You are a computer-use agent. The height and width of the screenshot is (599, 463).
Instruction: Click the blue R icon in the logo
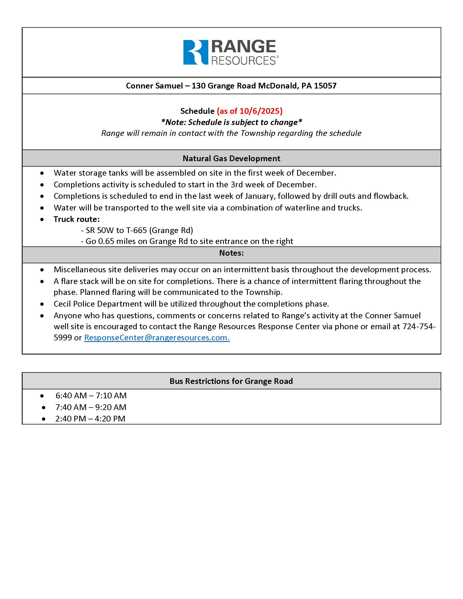pyautogui.click(x=195, y=52)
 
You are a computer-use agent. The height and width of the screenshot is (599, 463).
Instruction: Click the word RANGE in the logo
pyautogui.click(x=243, y=47)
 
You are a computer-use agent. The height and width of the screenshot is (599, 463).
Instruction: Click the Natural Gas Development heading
pyautogui.click(x=231, y=158)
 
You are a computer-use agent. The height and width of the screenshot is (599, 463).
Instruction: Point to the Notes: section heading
pyautogui.click(x=231, y=253)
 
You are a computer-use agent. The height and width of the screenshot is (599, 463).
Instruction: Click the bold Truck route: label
pyautogui.click(x=77, y=219)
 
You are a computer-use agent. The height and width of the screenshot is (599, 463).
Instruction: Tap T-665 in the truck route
pyautogui.click(x=136, y=230)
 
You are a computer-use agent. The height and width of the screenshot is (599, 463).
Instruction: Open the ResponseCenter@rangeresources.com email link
pyautogui.click(x=157, y=338)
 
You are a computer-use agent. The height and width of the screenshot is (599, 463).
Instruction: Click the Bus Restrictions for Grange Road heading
pyautogui.click(x=231, y=381)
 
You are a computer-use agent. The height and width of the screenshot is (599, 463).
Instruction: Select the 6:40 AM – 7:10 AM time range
pyautogui.click(x=91, y=396)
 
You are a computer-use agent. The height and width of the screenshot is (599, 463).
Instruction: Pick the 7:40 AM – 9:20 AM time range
pyautogui.click(x=91, y=407)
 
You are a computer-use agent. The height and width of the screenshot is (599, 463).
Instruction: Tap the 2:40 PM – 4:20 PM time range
pyautogui.click(x=90, y=419)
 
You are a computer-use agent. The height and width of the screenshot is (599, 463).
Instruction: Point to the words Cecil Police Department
pyautogui.click(x=98, y=304)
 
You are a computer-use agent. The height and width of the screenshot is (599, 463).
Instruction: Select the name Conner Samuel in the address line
pyautogui.click(x=154, y=86)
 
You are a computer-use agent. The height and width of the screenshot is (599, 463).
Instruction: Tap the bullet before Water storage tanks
pyautogui.click(x=42, y=173)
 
